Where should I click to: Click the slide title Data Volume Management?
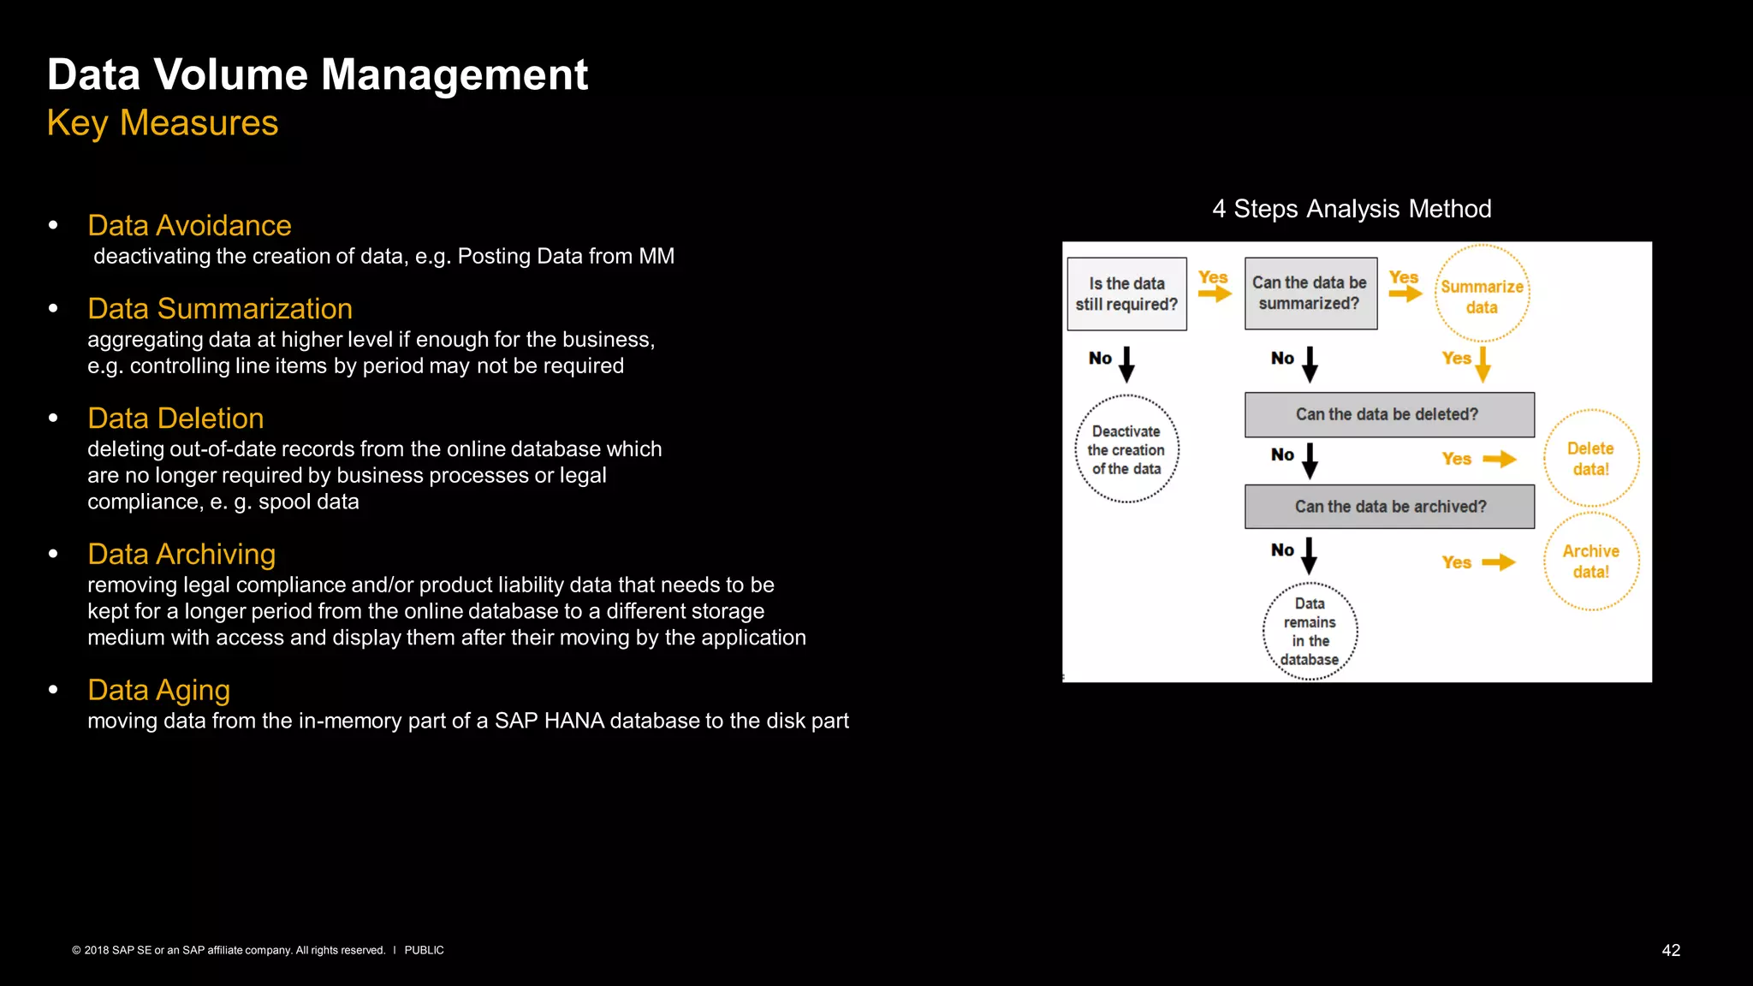(x=318, y=75)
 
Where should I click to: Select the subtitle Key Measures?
(x=163, y=123)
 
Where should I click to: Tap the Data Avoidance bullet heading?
(x=189, y=226)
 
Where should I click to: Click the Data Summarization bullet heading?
(x=220, y=309)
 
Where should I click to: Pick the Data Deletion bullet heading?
(x=175, y=419)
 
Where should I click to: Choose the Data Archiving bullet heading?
(x=181, y=555)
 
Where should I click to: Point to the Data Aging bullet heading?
(x=158, y=691)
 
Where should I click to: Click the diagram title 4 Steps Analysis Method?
(x=1352, y=209)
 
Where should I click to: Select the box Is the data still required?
(x=1126, y=294)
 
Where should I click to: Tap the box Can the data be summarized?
(x=1310, y=294)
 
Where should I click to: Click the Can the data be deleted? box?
(x=1388, y=415)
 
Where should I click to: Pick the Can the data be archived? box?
(x=1388, y=507)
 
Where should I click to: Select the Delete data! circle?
(x=1590, y=459)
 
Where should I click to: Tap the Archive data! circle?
(x=1590, y=561)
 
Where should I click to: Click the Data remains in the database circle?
(x=1310, y=632)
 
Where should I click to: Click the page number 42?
(x=1671, y=951)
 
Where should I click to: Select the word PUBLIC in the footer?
(x=424, y=951)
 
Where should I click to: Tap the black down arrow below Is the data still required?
(x=1126, y=364)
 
